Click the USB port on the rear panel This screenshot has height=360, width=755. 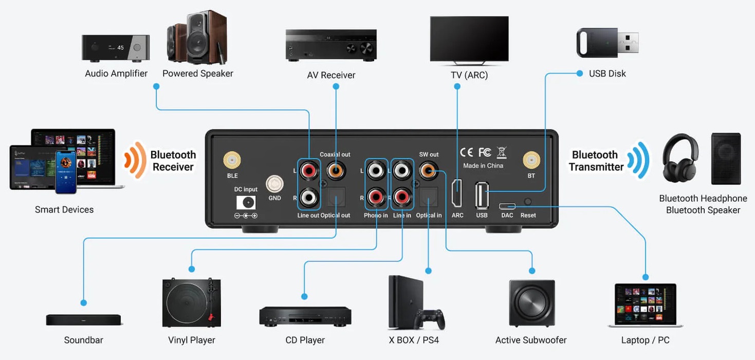[x=482, y=195]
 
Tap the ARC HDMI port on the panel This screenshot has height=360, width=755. [x=457, y=193]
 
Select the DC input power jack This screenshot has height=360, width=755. [x=246, y=203]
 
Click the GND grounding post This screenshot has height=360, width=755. [x=274, y=184]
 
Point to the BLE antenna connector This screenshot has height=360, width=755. [x=232, y=160]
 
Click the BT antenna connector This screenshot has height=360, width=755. [x=531, y=160]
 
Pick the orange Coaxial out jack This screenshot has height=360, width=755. [x=336, y=171]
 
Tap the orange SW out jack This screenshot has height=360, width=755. [x=429, y=171]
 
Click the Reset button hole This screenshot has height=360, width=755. [x=528, y=202]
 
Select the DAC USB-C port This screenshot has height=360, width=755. [x=507, y=206]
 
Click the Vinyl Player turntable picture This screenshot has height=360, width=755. [x=191, y=302]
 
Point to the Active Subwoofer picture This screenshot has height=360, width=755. [x=531, y=303]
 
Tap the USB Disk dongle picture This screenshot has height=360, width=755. [x=607, y=43]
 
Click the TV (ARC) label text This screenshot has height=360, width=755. [x=469, y=75]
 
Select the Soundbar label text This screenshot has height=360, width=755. [x=84, y=340]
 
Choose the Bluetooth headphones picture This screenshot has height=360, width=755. [x=680, y=158]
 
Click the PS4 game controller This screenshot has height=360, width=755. [x=430, y=319]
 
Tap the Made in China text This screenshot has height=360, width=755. [x=483, y=166]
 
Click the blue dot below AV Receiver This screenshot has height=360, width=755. [x=336, y=86]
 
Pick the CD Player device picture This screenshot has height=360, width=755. [x=305, y=316]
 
